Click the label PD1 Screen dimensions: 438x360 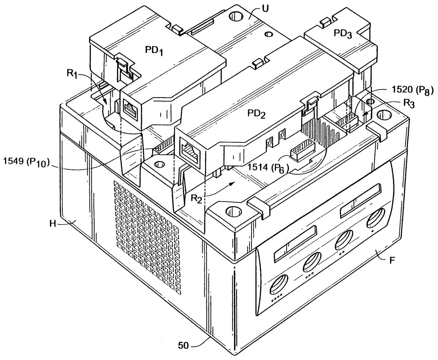(154, 51)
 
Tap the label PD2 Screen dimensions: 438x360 (256, 114)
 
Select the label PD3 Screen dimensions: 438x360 (343, 34)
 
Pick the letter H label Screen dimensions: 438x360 (53, 224)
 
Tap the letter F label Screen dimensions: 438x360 (392, 260)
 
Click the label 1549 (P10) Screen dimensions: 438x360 (26, 162)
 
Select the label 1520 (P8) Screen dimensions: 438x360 (412, 91)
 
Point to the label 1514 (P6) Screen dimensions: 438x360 (268, 168)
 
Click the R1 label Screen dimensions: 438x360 (72, 74)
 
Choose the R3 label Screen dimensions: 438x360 (408, 104)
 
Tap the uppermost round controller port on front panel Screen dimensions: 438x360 (376, 218)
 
